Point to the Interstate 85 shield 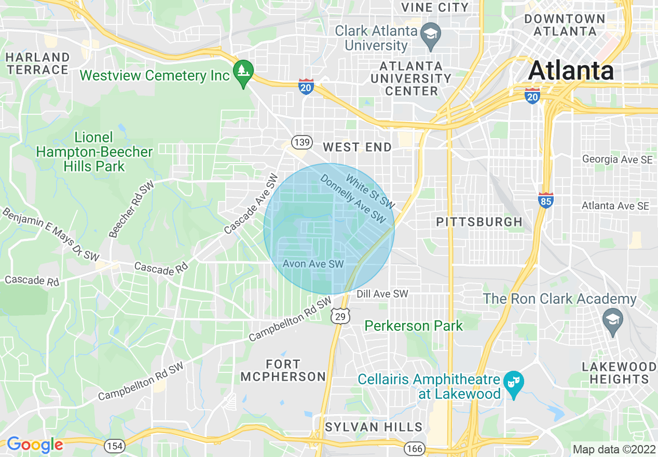pos(545,200)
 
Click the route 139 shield pos(301,142)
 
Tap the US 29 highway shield pos(340,316)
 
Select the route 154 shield pos(114,445)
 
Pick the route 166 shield pos(415,447)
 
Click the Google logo pos(35,445)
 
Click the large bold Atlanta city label pos(571,70)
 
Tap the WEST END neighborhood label pos(358,147)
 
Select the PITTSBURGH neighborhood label pos(479,222)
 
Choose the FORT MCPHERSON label pos(283,370)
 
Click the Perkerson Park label pos(413,326)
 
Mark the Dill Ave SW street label pos(382,294)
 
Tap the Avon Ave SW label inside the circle pos(313,264)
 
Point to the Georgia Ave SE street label pos(617,159)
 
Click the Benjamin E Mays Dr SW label pos(50,233)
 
